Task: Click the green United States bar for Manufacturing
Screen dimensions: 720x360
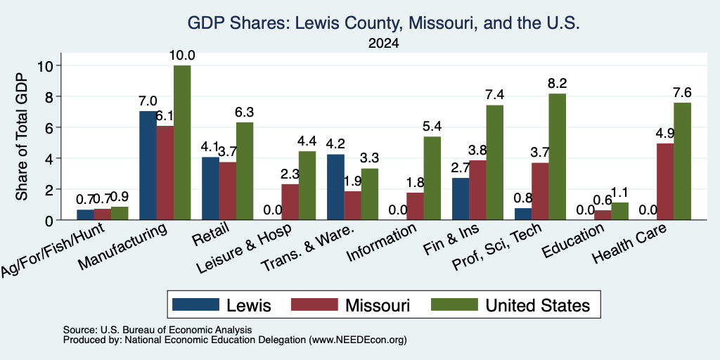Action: [x=182, y=142]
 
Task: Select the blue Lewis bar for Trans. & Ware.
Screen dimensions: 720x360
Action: [x=335, y=187]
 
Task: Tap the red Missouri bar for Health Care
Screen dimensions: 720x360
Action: [x=665, y=182]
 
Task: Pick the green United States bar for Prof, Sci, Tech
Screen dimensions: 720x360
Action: [x=557, y=157]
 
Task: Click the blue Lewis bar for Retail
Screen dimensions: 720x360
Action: [x=210, y=188]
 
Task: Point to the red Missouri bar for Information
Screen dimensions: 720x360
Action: [x=415, y=206]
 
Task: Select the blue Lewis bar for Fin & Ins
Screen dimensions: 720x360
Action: [x=461, y=199]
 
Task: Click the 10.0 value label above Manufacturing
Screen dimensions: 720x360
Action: [x=182, y=56]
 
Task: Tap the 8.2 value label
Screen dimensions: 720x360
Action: [x=557, y=84]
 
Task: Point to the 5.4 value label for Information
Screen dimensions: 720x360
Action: [x=432, y=127]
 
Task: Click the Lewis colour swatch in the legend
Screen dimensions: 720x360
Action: [x=195, y=304]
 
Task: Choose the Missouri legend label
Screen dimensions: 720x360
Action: [x=378, y=305]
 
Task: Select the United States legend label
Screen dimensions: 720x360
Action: [x=538, y=305]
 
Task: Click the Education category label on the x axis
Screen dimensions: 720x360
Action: [x=572, y=240]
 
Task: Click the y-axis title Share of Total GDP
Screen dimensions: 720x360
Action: [x=22, y=136]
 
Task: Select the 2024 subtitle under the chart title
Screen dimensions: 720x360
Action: [x=383, y=44]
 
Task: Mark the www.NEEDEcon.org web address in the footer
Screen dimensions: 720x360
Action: [x=358, y=340]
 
